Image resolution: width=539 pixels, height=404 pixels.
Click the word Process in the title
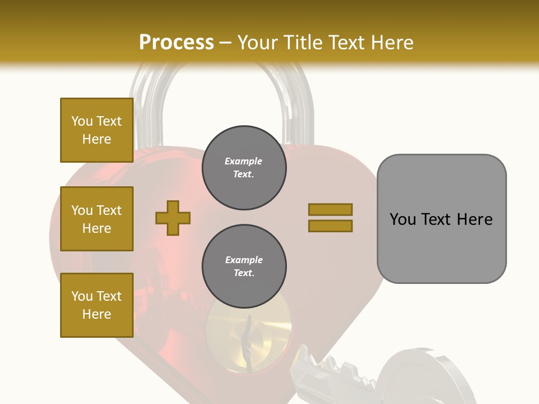[x=176, y=43]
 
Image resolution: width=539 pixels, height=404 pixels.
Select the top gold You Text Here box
[x=97, y=130]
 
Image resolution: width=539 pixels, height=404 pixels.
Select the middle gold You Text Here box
[x=97, y=219]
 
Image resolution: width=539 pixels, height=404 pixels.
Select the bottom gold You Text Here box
[x=97, y=305]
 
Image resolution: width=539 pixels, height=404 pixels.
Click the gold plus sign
[x=173, y=218]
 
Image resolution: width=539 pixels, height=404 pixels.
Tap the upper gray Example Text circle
[x=244, y=168]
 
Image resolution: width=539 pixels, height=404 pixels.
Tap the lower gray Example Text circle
[x=244, y=267]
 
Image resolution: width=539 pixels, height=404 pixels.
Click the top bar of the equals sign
[x=330, y=209]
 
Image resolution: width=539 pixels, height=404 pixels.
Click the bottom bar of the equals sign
[x=330, y=226]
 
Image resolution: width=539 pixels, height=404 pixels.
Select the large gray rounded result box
[x=441, y=219]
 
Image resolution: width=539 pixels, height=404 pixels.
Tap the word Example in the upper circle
[x=244, y=161]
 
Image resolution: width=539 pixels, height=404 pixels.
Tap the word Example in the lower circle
[x=244, y=260]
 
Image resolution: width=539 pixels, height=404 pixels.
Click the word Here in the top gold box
[x=97, y=139]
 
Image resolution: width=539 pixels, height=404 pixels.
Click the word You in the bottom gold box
[x=81, y=296]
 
